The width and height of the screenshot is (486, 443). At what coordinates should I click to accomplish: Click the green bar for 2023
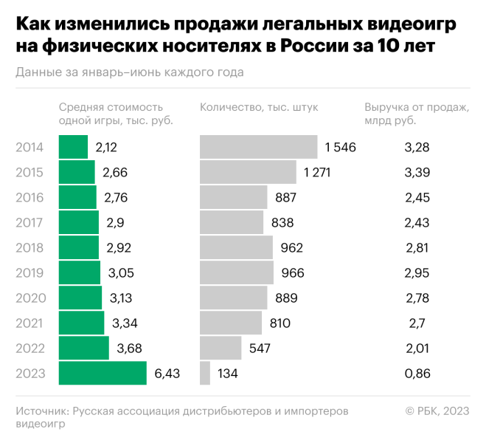[x=103, y=374]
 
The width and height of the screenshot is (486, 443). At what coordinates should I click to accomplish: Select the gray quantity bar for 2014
[x=258, y=147]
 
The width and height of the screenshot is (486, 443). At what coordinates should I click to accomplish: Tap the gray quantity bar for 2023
[x=205, y=374]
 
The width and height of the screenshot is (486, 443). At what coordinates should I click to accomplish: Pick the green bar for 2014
[x=73, y=147]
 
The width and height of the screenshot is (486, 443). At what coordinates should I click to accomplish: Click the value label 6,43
[x=167, y=374]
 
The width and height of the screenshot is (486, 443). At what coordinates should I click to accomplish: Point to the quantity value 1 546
[x=340, y=147]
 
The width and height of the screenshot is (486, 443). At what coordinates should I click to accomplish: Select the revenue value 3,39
[x=417, y=172]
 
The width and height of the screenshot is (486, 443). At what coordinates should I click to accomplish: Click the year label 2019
[x=30, y=272]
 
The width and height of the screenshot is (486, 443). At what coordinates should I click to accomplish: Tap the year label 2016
[x=30, y=197]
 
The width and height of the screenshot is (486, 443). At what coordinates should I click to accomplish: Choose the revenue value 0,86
[x=417, y=374]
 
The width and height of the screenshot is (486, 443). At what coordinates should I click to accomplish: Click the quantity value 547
[x=260, y=348]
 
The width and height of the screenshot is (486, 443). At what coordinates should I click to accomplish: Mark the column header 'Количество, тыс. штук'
[x=259, y=107]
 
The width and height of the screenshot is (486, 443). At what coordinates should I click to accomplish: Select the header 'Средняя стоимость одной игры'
[x=116, y=114]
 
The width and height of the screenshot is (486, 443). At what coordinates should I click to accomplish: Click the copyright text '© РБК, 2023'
[x=437, y=411]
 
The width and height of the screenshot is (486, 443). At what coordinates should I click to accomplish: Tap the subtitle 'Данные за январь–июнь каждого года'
[x=129, y=72]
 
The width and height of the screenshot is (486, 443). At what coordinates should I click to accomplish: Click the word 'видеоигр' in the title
[x=413, y=24]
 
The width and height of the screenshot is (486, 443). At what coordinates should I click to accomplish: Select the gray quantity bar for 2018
[x=236, y=247]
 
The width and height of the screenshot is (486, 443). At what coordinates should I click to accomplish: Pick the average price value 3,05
[x=122, y=272]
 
